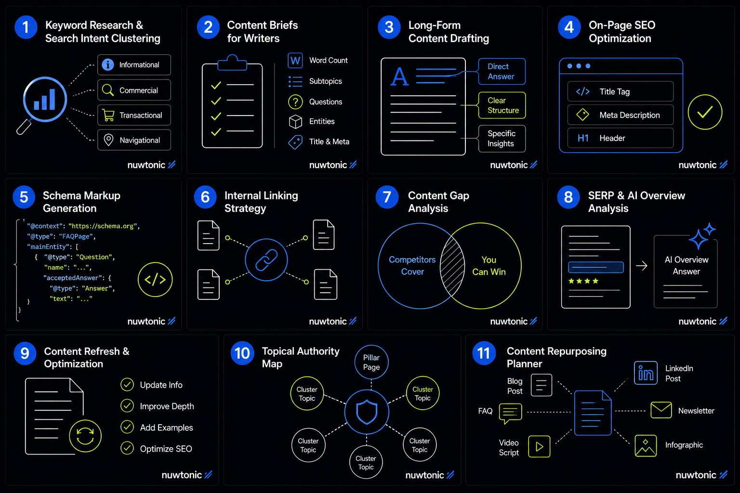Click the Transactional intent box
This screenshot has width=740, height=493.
coord(134,115)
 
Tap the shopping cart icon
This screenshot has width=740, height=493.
coord(108,115)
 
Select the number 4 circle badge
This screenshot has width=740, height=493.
coord(569,27)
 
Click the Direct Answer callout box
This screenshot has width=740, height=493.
coord(502,71)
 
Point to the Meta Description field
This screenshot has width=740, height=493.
coord(621,115)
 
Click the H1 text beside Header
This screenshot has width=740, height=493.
coord(583,138)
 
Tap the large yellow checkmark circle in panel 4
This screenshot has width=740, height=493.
coord(705,112)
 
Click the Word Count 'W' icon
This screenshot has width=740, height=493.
coord(295,61)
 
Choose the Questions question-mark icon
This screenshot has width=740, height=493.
coord(295,102)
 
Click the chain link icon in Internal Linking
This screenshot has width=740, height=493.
coord(266,260)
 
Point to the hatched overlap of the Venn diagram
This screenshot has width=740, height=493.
coord(452,266)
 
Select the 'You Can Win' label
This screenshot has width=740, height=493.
coord(489,266)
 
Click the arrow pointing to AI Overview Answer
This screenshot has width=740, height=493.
coord(642,265)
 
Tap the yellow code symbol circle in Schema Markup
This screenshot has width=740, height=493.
coord(155,280)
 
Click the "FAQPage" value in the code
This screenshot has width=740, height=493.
coord(76,236)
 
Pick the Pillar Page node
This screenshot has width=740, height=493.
coord(371,362)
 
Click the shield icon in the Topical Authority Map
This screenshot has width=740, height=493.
coord(367,412)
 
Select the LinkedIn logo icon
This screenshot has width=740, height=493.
coord(646,373)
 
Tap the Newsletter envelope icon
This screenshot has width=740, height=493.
coord(661,410)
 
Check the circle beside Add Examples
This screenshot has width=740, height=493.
coord(127,427)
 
